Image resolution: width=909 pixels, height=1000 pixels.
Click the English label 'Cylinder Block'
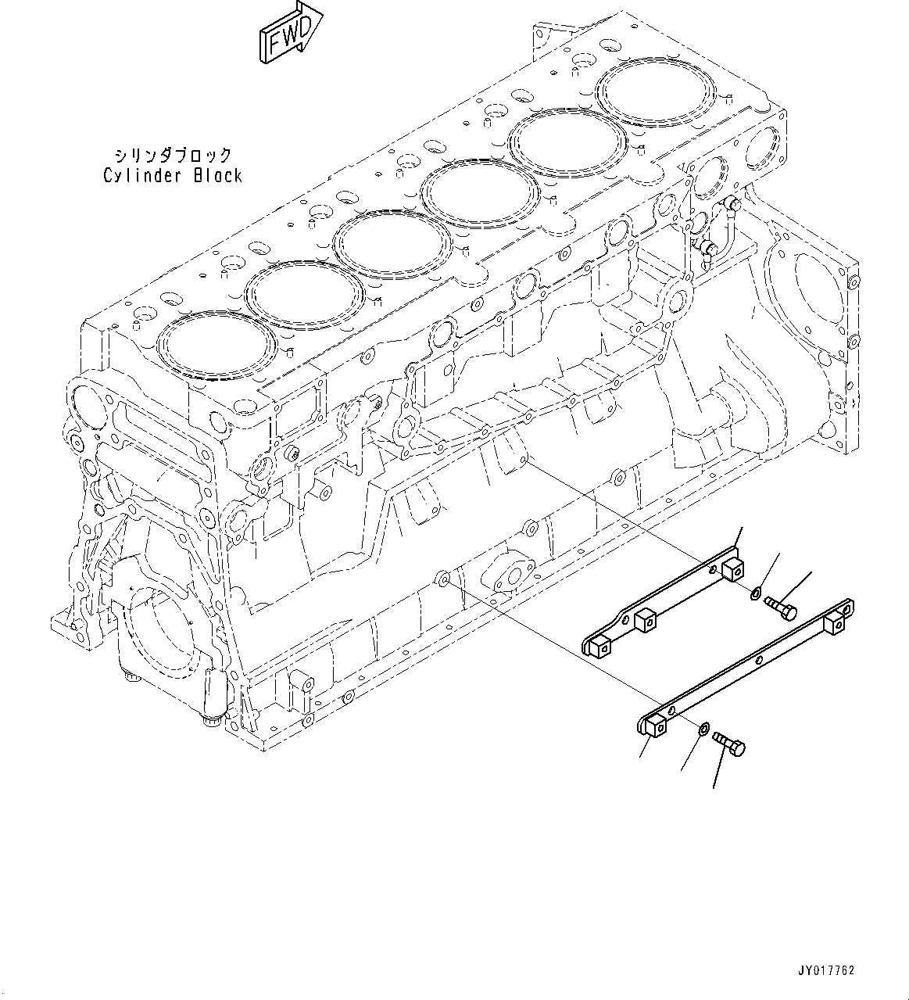pos(173,175)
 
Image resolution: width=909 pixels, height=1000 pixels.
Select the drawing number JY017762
pos(826,970)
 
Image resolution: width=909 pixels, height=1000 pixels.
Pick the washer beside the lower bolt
pos(703,729)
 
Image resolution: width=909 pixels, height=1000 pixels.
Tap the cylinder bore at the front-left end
pos(216,346)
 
